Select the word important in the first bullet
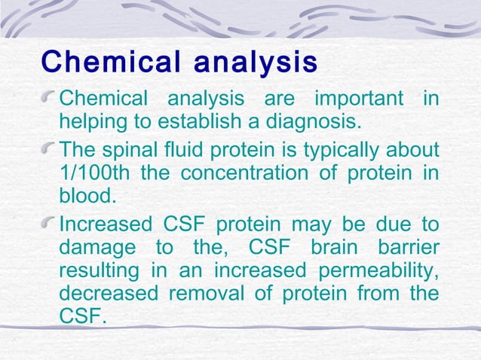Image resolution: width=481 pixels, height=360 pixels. pos(357,99)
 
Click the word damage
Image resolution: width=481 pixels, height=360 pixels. pos(93,248)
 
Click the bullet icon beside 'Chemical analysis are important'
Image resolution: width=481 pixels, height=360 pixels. pos(49,99)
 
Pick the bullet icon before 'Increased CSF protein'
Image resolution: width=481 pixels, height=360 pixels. pos(49,226)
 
